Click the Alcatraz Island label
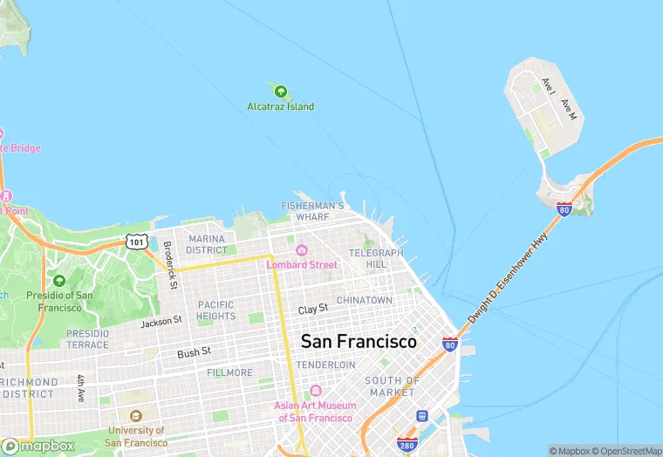[x=280, y=106]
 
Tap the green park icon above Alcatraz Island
[x=280, y=90]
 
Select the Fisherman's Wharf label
[x=313, y=210]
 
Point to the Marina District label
[x=206, y=244]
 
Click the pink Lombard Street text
[x=302, y=264]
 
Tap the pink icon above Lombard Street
[x=302, y=250]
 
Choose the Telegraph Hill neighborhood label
[x=376, y=258]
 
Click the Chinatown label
[x=365, y=300]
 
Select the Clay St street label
[x=312, y=310]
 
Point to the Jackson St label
[x=161, y=322]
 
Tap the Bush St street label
[x=194, y=352]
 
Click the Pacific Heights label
[x=215, y=310]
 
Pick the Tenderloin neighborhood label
[x=325, y=365]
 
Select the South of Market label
[x=393, y=386]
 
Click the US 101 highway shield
[x=135, y=241]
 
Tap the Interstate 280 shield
[x=407, y=444]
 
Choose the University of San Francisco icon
[x=135, y=417]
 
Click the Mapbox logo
[x=38, y=446]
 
